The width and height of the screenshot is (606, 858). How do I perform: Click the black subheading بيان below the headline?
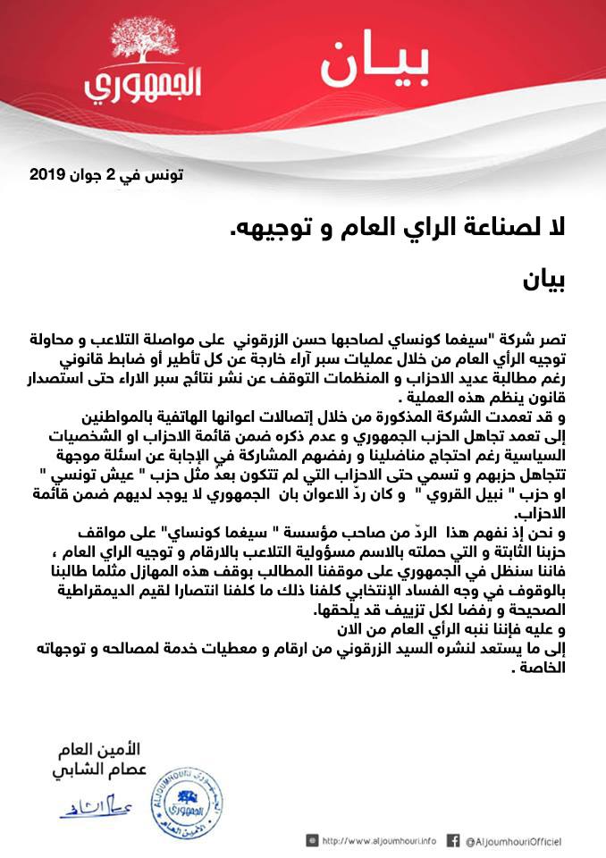click(x=546, y=282)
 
